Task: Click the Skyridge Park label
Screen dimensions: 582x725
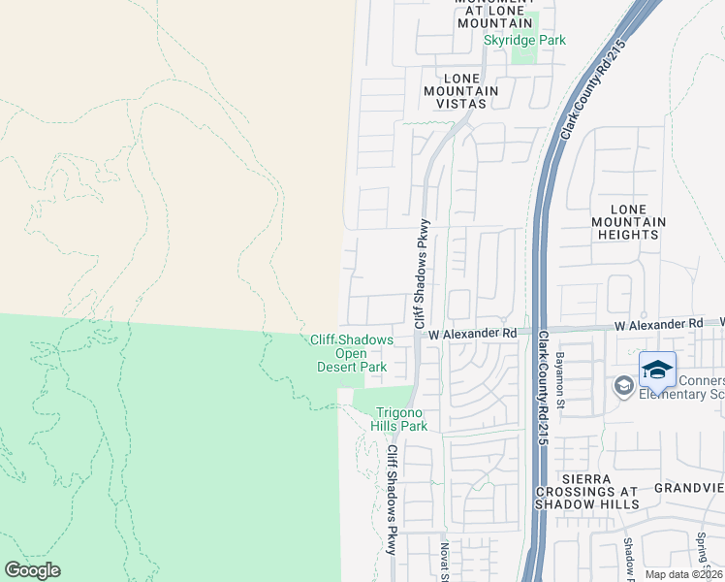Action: click(x=524, y=41)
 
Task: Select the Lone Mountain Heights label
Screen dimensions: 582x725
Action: click(x=636, y=222)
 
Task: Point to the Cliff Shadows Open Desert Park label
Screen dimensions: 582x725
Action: click(x=352, y=353)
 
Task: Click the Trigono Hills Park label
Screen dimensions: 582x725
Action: click(x=399, y=419)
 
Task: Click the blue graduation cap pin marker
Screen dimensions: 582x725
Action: click(x=657, y=370)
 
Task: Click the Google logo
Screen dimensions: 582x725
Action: click(x=32, y=570)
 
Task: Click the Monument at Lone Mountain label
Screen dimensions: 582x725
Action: click(x=494, y=12)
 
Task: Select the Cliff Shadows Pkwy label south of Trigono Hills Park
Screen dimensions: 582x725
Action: click(x=393, y=499)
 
